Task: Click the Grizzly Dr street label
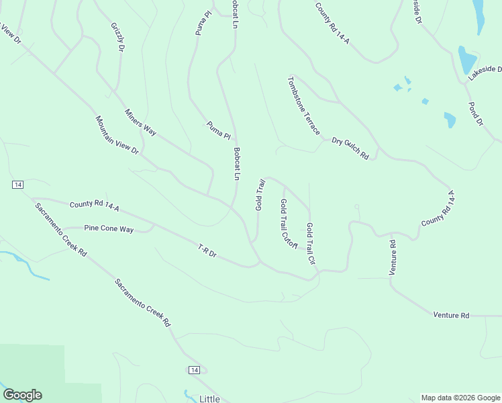118,38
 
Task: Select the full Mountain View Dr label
116,135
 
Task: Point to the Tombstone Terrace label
304,105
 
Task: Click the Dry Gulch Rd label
350,148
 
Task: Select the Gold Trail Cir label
311,243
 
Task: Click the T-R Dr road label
207,251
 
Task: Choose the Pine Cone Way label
109,229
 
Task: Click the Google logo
22,395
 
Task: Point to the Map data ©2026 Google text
460,398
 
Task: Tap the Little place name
209,398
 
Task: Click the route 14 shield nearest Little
194,370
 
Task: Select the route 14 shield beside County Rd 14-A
17,185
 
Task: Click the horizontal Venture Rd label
451,314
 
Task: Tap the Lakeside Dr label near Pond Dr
485,73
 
